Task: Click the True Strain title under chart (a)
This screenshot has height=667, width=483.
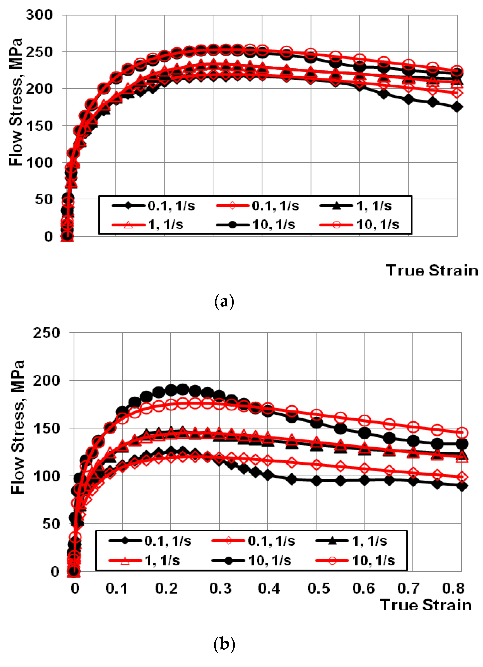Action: tap(432, 270)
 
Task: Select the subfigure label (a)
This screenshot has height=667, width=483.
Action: tap(224, 302)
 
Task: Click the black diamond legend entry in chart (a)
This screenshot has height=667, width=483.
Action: tap(153, 206)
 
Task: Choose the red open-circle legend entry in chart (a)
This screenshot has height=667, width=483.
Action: tap(360, 225)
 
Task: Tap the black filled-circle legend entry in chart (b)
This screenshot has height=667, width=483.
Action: tap(251, 561)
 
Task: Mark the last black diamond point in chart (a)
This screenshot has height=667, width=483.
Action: tap(457, 107)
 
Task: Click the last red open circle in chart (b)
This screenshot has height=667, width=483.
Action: tap(462, 433)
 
